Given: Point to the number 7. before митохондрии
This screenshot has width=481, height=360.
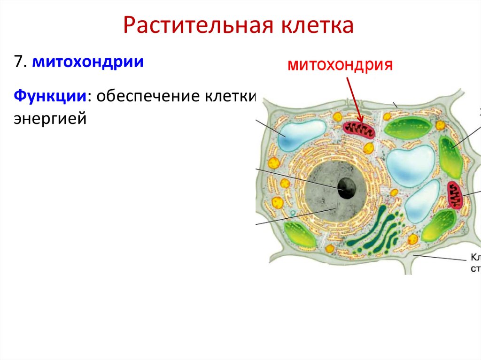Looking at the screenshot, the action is [x=20, y=62].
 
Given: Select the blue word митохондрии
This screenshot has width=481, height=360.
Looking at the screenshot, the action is [x=88, y=62].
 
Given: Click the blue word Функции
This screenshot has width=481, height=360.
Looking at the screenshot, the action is [x=50, y=97].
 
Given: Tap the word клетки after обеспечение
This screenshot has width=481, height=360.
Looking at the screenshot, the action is [x=229, y=97].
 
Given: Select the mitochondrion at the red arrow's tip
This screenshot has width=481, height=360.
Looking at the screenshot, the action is [x=359, y=130].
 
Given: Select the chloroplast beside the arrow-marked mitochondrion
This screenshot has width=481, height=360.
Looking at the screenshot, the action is [x=408, y=128].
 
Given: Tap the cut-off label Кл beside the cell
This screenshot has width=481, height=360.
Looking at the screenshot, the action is [x=475, y=258].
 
